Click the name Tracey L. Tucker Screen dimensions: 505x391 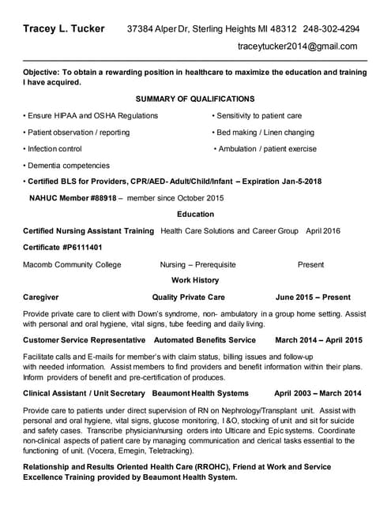[x=63, y=29]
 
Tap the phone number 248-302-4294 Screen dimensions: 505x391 [x=331, y=29]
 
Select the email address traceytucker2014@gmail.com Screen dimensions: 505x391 [x=297, y=47]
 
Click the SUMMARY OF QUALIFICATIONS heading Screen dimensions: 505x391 [x=195, y=99]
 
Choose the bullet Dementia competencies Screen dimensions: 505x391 [x=68, y=166]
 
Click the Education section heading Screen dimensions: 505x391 [x=195, y=214]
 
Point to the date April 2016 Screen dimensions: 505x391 [x=322, y=231]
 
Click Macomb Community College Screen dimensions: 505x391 [x=72, y=264]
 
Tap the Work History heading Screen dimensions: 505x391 [x=195, y=280]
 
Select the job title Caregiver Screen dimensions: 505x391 [x=41, y=297]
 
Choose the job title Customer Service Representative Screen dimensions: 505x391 [x=84, y=340]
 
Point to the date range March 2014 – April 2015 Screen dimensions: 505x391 [x=318, y=340]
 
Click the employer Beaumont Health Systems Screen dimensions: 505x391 [x=201, y=393]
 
